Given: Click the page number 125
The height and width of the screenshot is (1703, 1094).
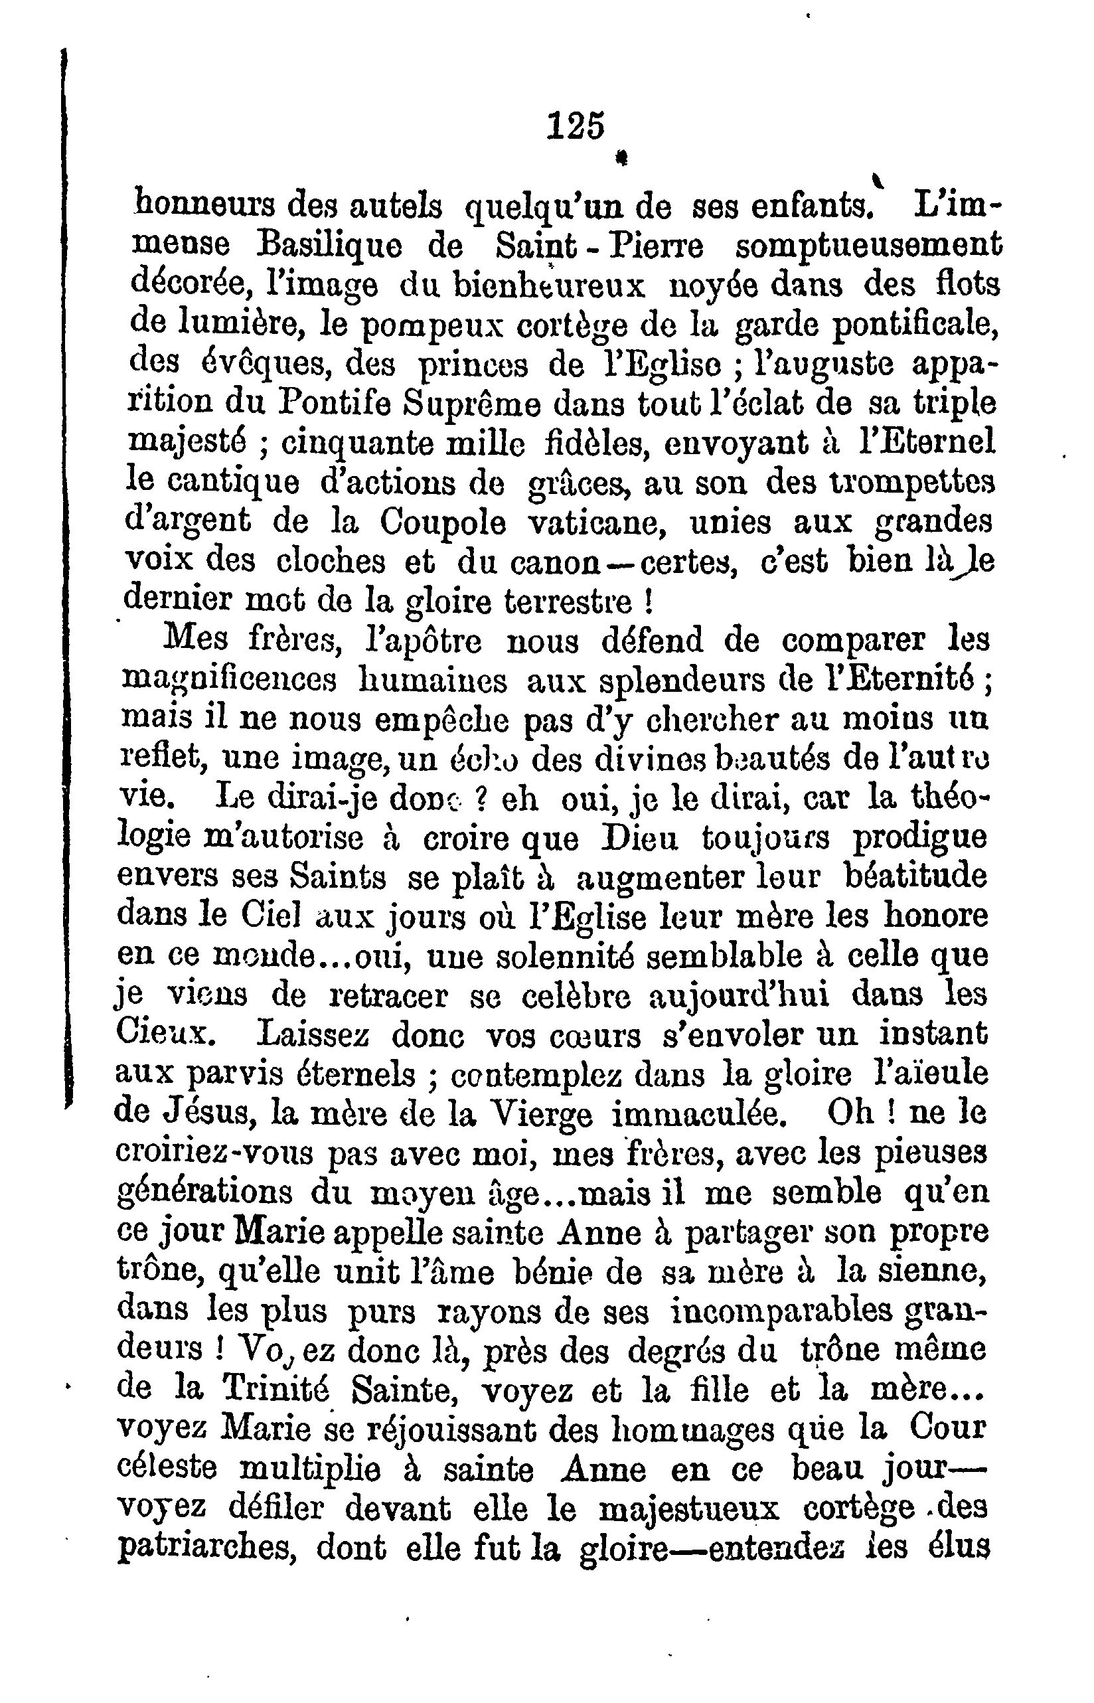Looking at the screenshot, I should [576, 126].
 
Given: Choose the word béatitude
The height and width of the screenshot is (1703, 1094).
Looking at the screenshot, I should [916, 878].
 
